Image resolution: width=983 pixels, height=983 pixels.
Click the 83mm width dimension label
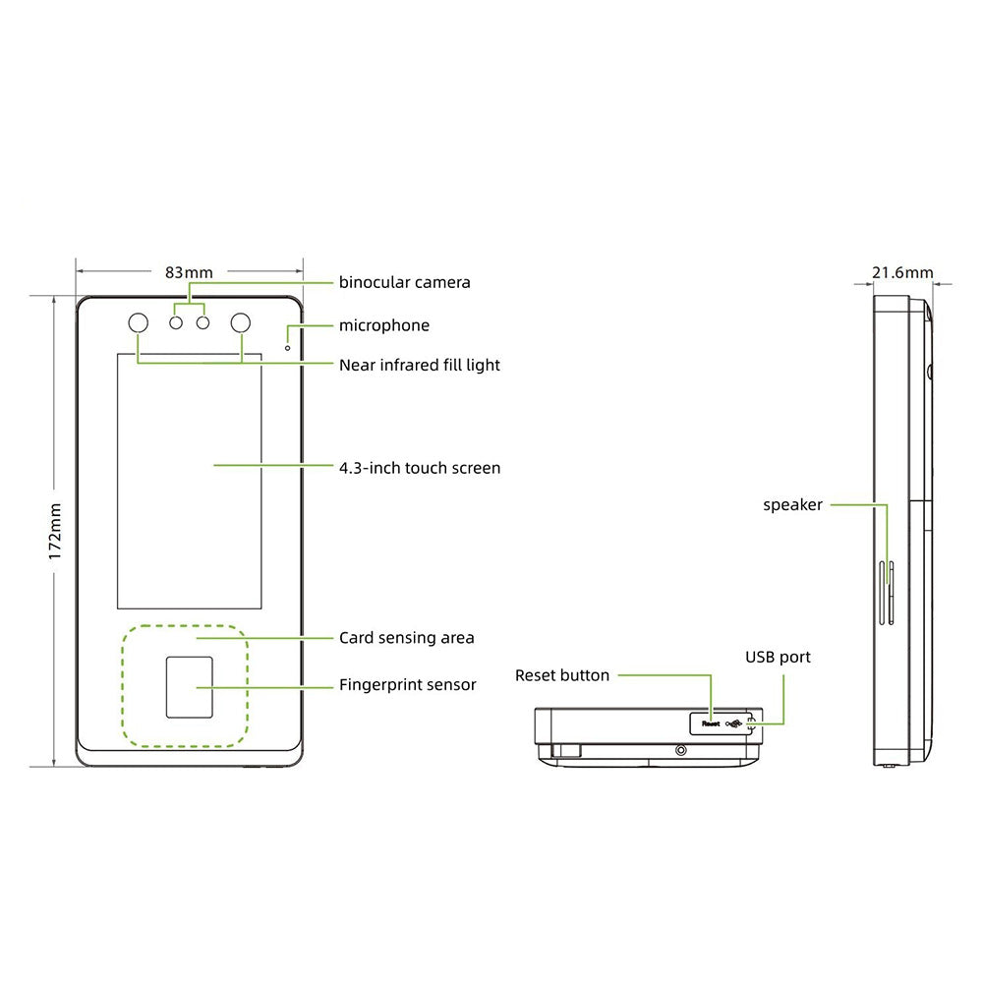tap(189, 271)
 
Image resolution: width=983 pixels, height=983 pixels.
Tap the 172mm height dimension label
tap(56, 532)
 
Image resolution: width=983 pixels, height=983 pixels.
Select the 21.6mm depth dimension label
tap(902, 272)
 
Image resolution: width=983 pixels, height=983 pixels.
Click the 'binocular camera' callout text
tap(404, 283)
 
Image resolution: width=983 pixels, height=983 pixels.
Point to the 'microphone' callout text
tap(383, 325)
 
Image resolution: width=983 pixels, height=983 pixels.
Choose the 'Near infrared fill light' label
tap(419, 365)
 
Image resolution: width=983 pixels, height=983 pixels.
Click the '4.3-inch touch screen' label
tap(419, 468)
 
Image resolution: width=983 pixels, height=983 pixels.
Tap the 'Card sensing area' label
tap(406, 638)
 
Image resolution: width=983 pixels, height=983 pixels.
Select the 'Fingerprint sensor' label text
tap(407, 684)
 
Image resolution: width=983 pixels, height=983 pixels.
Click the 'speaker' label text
tap(792, 505)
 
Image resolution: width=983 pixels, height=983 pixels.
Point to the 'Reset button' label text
tap(561, 675)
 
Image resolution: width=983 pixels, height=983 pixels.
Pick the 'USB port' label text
tap(778, 657)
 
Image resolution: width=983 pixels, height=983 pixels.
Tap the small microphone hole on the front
tap(287, 346)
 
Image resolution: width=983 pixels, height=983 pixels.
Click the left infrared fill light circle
tap(137, 323)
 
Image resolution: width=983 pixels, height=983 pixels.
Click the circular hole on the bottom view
tap(680, 750)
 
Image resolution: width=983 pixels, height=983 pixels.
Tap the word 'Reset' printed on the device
tap(710, 723)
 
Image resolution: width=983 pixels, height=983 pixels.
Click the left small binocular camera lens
tap(177, 322)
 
